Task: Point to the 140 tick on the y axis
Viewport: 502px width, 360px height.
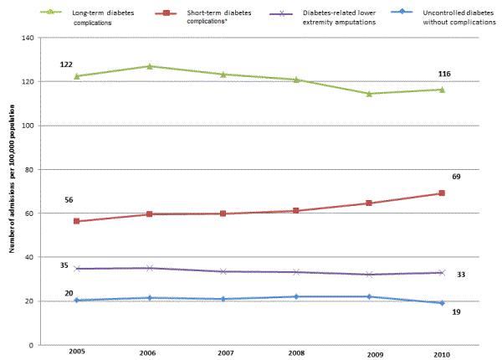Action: click(x=28, y=39)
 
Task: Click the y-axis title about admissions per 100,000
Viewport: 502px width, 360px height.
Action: click(x=9, y=192)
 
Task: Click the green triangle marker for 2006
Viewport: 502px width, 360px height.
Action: click(x=149, y=66)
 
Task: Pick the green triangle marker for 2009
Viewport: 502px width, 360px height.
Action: click(x=369, y=93)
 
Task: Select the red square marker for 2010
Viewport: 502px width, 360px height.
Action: click(x=442, y=193)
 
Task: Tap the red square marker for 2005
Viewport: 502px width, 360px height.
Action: click(x=76, y=221)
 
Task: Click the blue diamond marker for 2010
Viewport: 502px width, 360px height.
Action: click(x=442, y=303)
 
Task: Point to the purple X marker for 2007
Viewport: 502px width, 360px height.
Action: click(x=223, y=271)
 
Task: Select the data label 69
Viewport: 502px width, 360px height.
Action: click(x=457, y=177)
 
